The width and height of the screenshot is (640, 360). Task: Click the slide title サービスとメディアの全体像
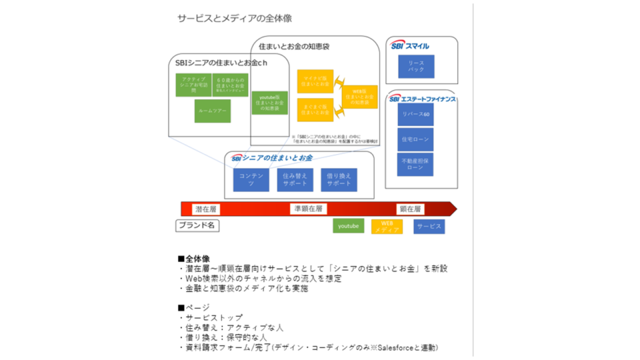[234, 18]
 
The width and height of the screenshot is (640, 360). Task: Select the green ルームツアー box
[213, 111]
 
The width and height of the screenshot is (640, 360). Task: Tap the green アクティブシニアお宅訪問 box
[193, 85]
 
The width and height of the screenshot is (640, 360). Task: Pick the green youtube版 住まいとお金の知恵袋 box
[269, 103]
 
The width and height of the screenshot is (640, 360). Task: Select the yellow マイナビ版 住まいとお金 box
[315, 81]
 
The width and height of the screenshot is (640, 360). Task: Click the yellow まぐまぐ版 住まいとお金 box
[315, 109]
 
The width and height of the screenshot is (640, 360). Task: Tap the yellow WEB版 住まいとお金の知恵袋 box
[360, 97]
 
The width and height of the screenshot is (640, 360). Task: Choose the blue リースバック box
[416, 66]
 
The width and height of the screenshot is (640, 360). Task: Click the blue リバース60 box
[416, 114]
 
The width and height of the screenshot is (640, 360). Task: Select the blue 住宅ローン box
[416, 139]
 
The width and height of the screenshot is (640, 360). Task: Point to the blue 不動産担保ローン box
[415, 165]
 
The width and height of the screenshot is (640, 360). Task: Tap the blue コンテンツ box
[251, 179]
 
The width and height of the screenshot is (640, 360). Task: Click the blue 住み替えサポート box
[295, 179]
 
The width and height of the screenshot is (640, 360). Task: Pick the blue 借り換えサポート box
[339, 179]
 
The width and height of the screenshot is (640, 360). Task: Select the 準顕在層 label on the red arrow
[309, 209]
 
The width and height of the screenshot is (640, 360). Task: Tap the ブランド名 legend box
[197, 226]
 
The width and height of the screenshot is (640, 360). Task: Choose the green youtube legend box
[348, 226]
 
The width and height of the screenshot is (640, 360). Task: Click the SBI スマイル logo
[409, 46]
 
